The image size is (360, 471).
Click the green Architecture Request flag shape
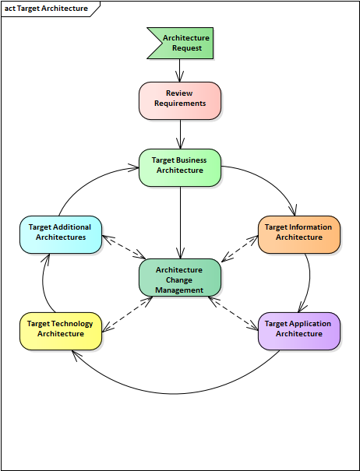183,43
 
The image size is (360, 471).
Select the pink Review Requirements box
180,100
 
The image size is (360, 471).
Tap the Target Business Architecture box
180,167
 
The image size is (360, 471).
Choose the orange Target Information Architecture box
299,234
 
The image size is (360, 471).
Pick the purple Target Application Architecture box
299,331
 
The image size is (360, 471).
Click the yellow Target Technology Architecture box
61,331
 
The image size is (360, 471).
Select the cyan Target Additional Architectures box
61,234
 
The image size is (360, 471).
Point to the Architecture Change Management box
180,278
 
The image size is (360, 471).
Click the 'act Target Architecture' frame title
46,9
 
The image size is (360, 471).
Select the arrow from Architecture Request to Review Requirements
179,70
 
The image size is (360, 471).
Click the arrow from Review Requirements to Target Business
181,134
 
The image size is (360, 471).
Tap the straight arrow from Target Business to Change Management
181,223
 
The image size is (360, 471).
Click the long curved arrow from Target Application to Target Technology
175,393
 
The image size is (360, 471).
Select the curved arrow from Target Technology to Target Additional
43,283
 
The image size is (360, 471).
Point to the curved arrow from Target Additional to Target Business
90,181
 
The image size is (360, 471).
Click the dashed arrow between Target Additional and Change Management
124,247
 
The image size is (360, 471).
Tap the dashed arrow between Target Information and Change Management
240,248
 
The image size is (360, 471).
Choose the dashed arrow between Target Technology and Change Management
127,315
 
